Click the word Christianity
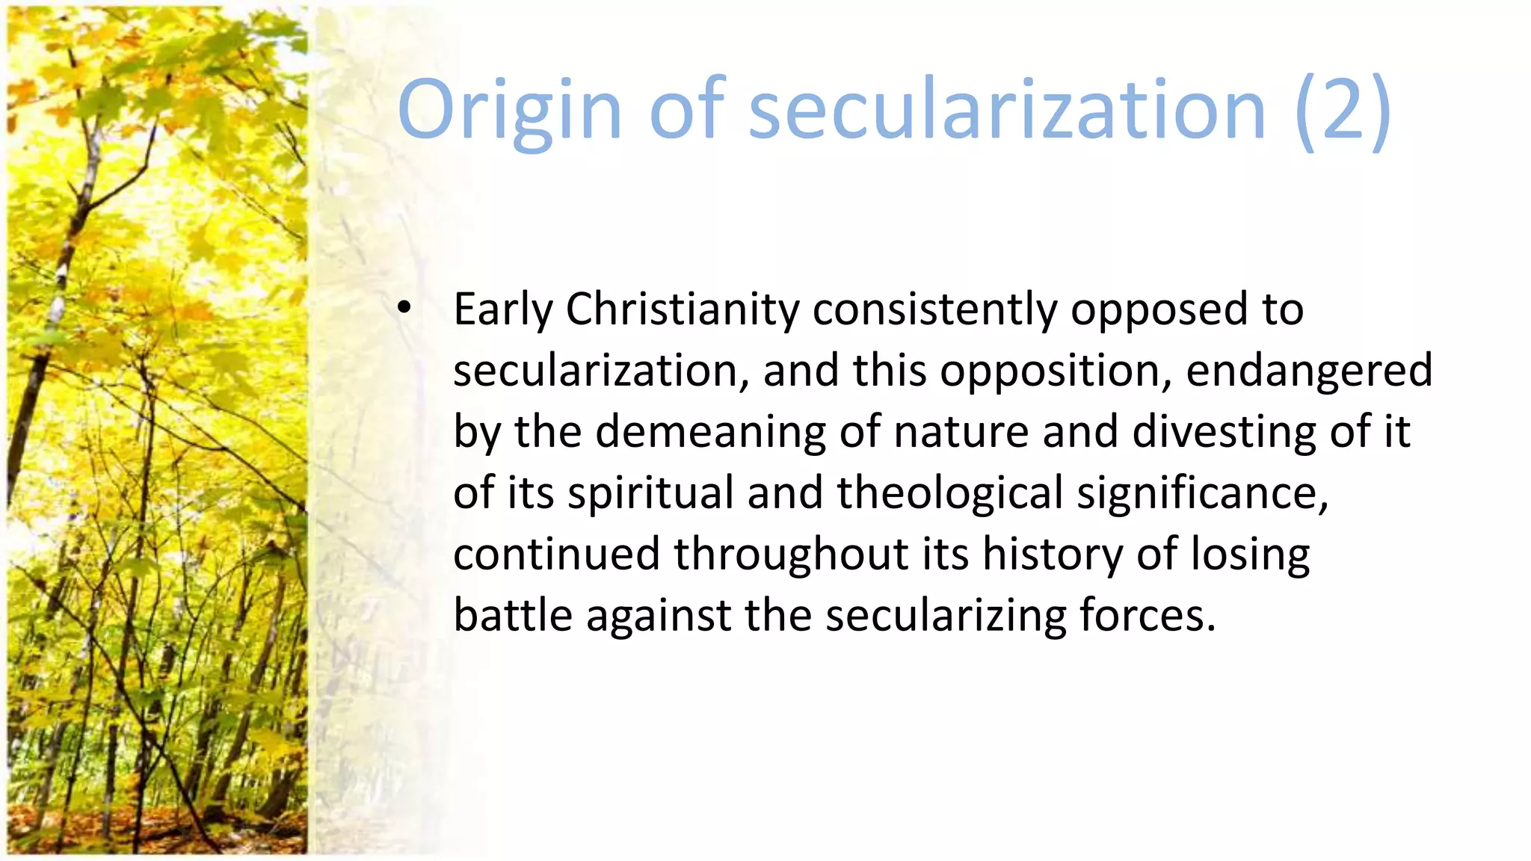[x=683, y=309]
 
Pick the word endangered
[x=1309, y=371]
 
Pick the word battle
[x=513, y=616]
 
